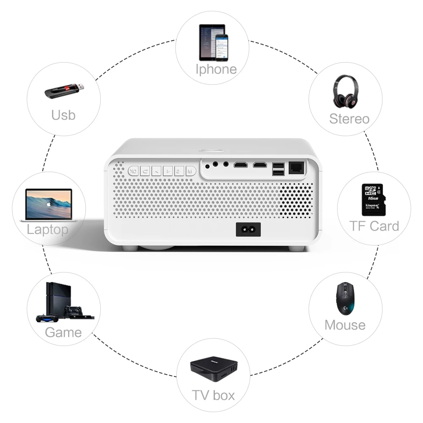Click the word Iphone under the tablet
(216, 69)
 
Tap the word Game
(63, 332)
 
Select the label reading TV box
(213, 396)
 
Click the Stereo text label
(349, 119)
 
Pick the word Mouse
(345, 325)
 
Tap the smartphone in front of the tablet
(221, 47)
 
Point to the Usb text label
(63, 115)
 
